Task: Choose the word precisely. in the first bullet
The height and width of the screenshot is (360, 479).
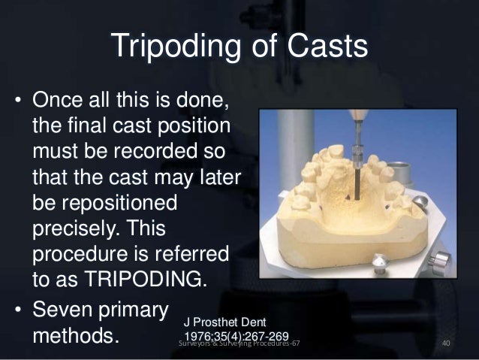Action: pos(76,228)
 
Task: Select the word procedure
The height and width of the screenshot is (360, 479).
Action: pos(80,252)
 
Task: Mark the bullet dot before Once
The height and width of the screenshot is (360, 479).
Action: pos(16,101)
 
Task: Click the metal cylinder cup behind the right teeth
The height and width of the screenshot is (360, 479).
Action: pos(421,205)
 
